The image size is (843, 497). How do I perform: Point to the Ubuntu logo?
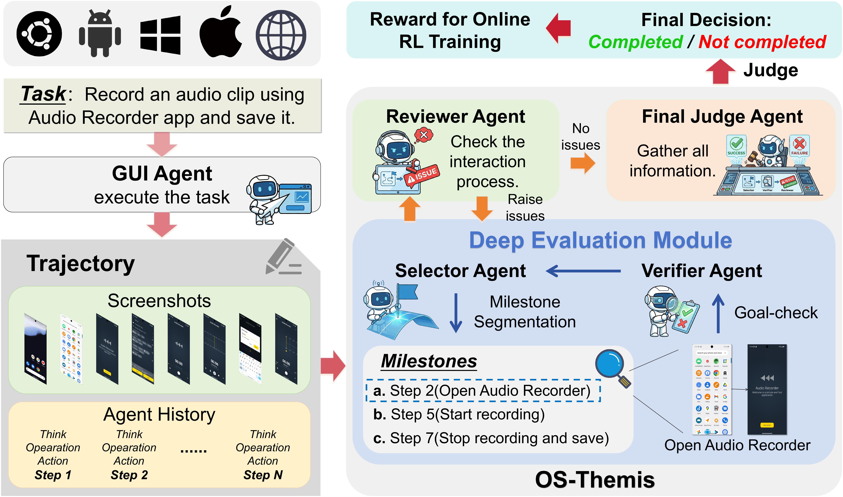39,34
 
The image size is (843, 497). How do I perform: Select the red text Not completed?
762,42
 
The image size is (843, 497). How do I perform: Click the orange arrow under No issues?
583,163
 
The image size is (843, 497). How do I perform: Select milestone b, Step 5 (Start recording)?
459,414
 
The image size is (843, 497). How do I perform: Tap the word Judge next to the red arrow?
771,70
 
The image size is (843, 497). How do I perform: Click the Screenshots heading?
159,301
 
